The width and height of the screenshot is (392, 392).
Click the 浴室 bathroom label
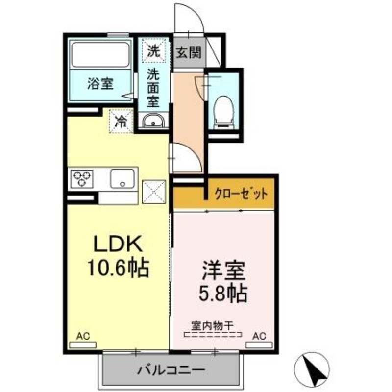(x=100, y=84)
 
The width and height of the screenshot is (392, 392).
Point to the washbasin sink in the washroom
(x=153, y=121)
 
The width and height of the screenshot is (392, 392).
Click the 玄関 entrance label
(x=189, y=52)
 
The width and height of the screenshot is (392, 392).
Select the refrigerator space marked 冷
(x=121, y=122)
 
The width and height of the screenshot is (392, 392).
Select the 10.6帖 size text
(x=118, y=267)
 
